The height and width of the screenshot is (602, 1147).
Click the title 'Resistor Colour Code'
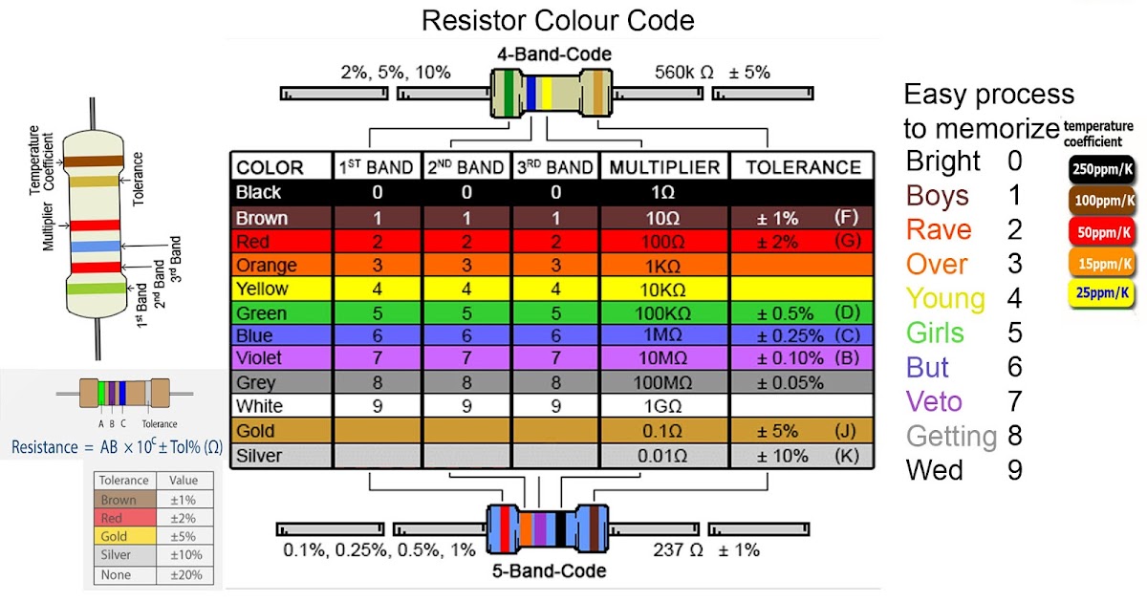(x=558, y=20)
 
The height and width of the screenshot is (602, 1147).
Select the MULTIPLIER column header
(x=664, y=167)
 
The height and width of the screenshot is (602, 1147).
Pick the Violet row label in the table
(x=260, y=359)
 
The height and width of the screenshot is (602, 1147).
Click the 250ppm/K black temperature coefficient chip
(x=1103, y=169)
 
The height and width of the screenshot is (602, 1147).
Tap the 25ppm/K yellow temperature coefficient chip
(x=1103, y=292)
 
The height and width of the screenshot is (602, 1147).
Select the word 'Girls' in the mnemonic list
(x=936, y=333)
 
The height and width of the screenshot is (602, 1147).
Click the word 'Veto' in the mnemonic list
(x=934, y=401)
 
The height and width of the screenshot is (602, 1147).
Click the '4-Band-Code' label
(x=554, y=54)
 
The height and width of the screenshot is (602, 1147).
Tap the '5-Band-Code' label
(x=550, y=571)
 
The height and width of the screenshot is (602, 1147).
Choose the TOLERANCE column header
(x=803, y=167)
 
